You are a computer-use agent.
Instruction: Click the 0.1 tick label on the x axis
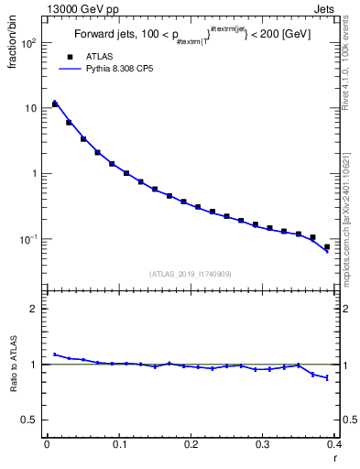(x=118, y=445)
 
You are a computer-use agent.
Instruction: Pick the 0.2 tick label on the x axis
(x=191, y=445)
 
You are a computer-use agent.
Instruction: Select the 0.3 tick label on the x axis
(x=263, y=445)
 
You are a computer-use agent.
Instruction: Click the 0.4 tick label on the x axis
(x=334, y=445)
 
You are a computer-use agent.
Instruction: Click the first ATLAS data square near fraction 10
(x=55, y=104)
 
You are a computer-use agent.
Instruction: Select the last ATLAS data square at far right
(x=327, y=246)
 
